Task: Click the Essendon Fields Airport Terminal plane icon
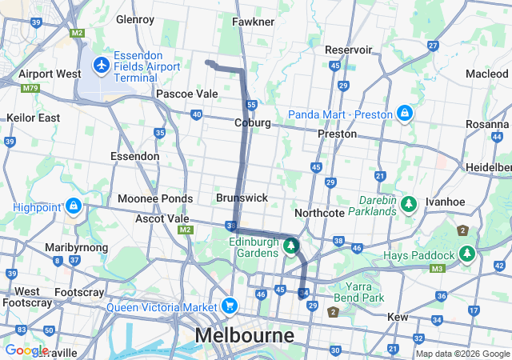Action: pyautogui.click(x=102, y=63)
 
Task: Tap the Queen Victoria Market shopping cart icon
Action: pyautogui.click(x=230, y=306)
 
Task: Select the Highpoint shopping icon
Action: pyautogui.click(x=73, y=206)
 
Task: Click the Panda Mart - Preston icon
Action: pyautogui.click(x=406, y=114)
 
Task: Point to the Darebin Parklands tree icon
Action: pyautogui.click(x=409, y=205)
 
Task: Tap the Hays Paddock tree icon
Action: pyautogui.click(x=467, y=254)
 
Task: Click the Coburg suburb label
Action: pyautogui.click(x=253, y=123)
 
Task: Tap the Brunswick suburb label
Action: pyautogui.click(x=242, y=198)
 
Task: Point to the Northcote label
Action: pyautogui.click(x=319, y=213)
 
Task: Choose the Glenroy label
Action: pyautogui.click(x=134, y=18)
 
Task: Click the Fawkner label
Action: pyautogui.click(x=254, y=22)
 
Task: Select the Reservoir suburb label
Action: pyautogui.click(x=349, y=50)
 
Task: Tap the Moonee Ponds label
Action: pyautogui.click(x=155, y=198)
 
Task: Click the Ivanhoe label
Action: pyautogui.click(x=445, y=202)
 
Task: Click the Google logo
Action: pyautogui.click(x=26, y=350)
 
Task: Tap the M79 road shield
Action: pyautogui.click(x=31, y=88)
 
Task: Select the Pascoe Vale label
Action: pyautogui.click(x=186, y=94)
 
